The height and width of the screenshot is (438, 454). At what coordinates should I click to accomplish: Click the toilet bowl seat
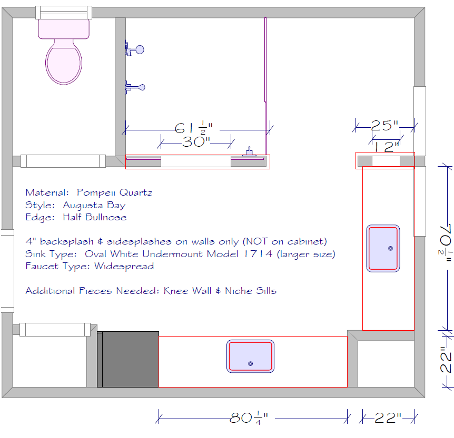click(x=64, y=63)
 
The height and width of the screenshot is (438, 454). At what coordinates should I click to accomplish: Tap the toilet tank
click(x=64, y=28)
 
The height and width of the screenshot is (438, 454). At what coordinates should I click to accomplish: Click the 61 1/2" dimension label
click(x=193, y=128)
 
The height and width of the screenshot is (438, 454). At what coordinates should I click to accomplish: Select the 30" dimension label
click(x=196, y=141)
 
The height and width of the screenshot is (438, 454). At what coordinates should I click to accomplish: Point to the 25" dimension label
click(x=384, y=126)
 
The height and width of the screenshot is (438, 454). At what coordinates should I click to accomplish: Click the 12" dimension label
click(x=387, y=147)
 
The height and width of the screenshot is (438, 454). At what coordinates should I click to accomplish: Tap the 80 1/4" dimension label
click(x=249, y=418)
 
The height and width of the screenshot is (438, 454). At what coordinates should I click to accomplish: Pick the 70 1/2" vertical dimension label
click(x=446, y=243)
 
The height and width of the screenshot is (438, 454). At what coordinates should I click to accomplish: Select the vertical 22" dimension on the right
click(x=446, y=359)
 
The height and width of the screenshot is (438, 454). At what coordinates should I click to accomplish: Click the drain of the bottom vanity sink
click(x=251, y=364)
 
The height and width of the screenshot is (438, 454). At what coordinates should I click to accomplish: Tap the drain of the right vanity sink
click(x=390, y=248)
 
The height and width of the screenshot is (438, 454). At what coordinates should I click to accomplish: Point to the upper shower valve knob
click(x=140, y=50)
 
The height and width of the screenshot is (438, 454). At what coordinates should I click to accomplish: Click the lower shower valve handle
click(x=135, y=87)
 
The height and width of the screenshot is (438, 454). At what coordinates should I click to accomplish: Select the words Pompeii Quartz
click(x=114, y=192)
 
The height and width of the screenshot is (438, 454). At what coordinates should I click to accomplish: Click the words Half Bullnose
click(x=95, y=217)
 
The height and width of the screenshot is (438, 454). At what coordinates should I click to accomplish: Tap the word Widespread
click(x=124, y=266)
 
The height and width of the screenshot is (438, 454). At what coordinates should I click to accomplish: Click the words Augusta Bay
click(x=94, y=205)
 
